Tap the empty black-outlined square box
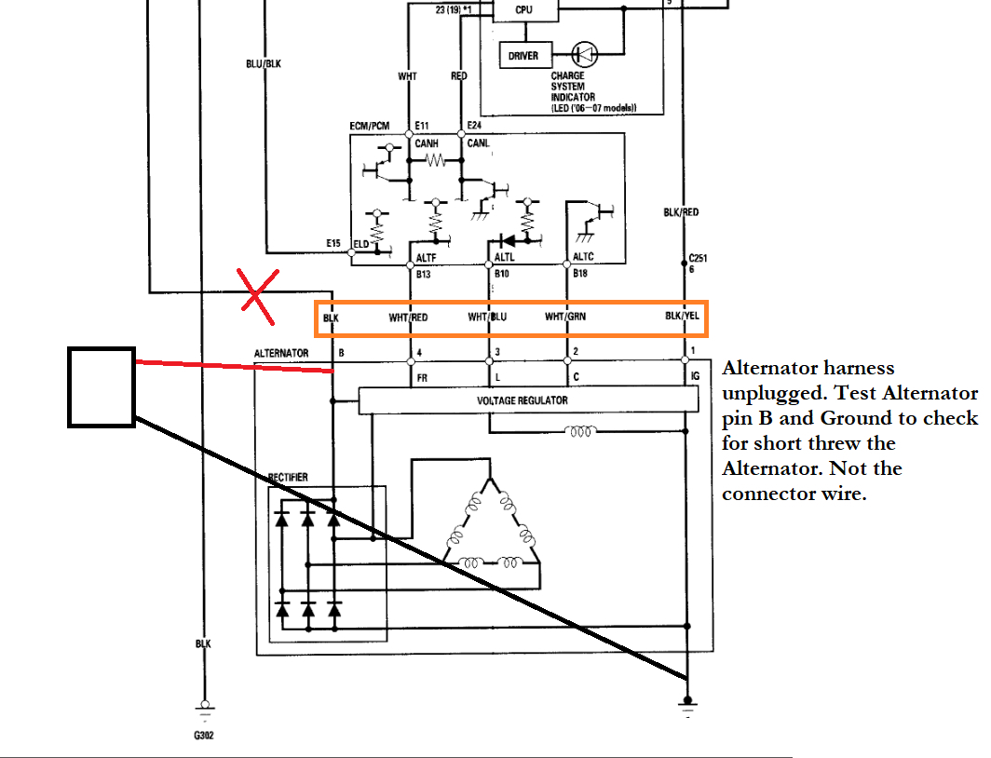102,387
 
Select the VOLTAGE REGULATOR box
528,400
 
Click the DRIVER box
523,56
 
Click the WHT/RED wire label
408,318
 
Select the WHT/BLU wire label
487,318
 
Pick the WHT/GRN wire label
565,318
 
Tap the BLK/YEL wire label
682,318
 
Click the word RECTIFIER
288,478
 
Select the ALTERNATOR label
281,354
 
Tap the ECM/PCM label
371,125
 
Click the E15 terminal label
333,244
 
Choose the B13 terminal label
423,275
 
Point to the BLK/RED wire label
681,212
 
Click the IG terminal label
695,378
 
